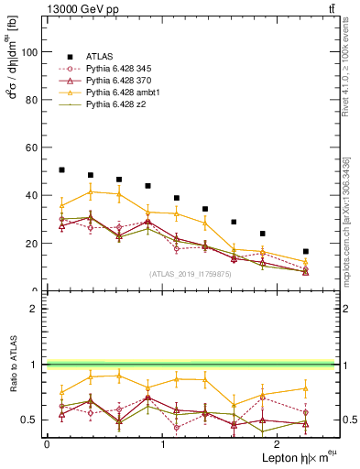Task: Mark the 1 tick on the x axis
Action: coord(162,444)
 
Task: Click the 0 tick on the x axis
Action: coord(47,444)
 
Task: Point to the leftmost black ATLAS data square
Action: coord(61,169)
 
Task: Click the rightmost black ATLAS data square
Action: coord(306,251)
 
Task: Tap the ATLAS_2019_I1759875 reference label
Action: coord(191,273)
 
